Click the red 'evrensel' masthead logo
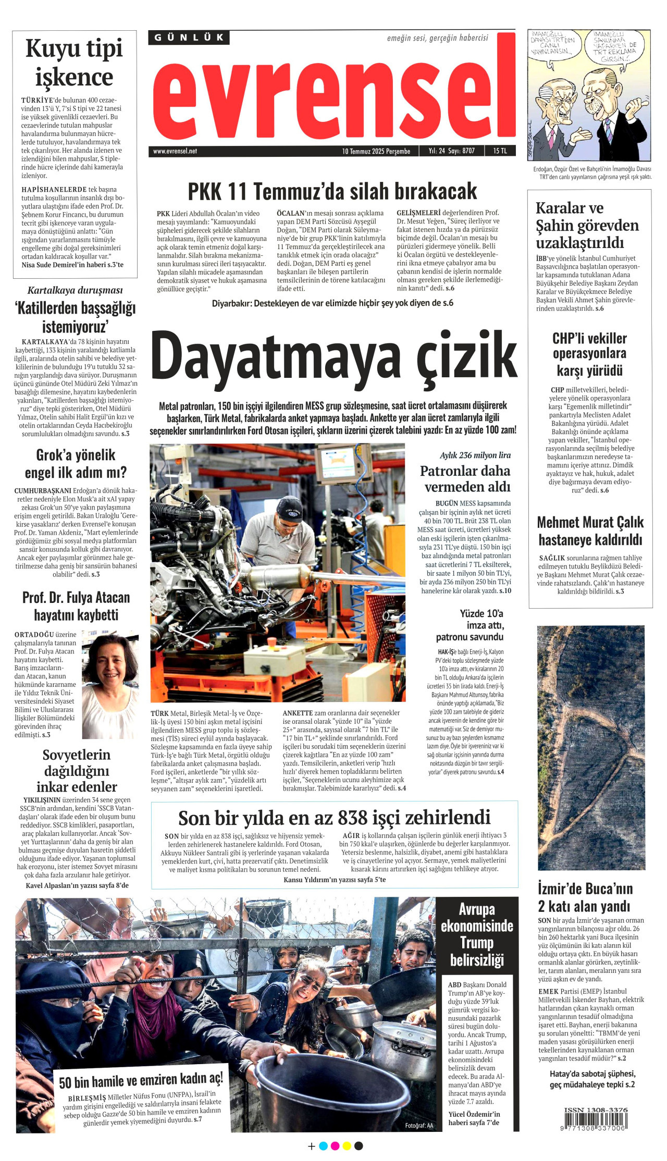click(333, 94)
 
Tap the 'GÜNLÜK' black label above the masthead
click(189, 38)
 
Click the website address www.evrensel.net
click(175, 151)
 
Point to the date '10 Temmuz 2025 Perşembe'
click(376, 151)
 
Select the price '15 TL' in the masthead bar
click(500, 151)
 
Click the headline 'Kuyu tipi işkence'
click(75, 63)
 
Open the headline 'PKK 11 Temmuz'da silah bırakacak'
click(332, 191)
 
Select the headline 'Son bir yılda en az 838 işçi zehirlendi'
click(334, 817)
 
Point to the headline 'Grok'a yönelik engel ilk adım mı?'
click(76, 463)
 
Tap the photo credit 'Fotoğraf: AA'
click(419, 1126)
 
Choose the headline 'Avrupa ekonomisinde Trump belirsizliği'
click(477, 934)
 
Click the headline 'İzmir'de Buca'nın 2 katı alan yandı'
click(585, 897)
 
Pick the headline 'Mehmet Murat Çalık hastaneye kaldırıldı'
click(590, 530)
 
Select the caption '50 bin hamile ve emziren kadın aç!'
click(141, 1081)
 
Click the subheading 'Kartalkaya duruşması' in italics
click(75, 290)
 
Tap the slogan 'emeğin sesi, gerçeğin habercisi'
click(437, 38)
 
